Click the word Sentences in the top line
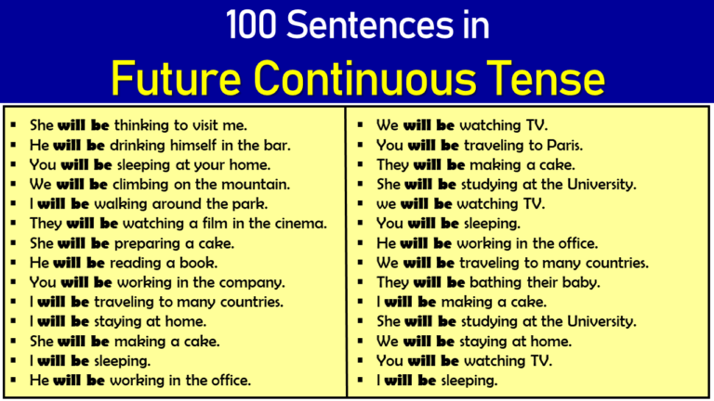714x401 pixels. pos(374,26)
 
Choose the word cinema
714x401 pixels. pos(299,223)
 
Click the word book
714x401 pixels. pos(200,262)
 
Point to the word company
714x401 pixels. pos(254,281)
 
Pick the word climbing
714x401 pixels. pos(152,184)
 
